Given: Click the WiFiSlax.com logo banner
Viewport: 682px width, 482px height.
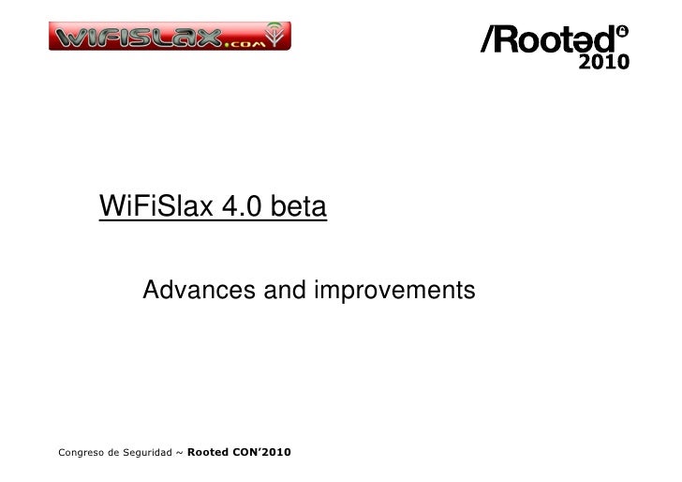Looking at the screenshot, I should click(x=170, y=37).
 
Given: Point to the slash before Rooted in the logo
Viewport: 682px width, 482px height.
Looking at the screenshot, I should click(x=490, y=40).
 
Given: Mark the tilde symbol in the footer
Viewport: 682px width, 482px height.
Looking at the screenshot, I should click(x=179, y=454).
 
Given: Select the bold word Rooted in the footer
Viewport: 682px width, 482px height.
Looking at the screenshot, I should click(x=207, y=454).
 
